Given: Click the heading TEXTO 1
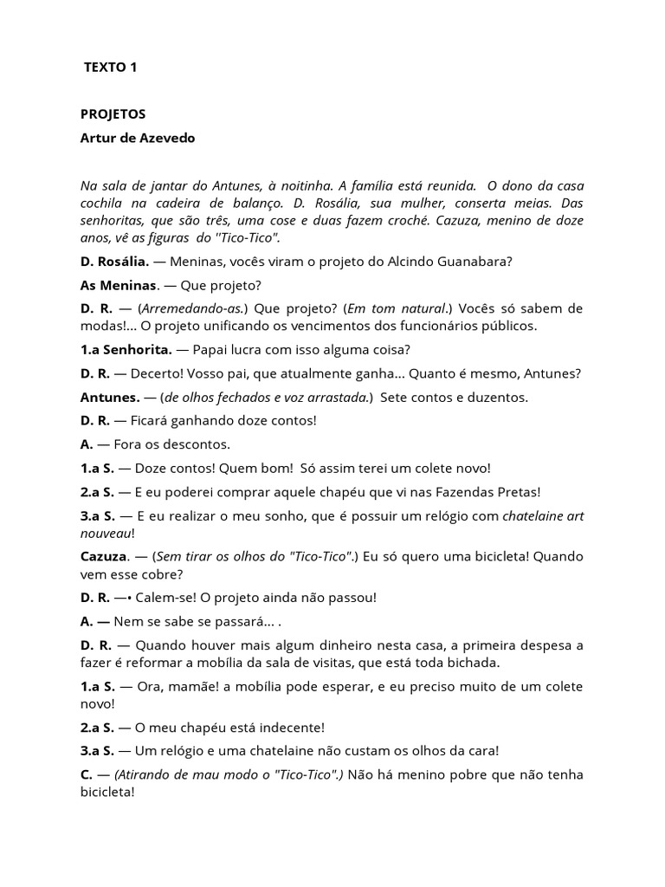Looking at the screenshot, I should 110,67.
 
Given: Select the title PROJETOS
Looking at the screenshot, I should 113,113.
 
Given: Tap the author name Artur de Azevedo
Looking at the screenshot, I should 138,138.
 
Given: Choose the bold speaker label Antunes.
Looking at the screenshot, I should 109,397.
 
